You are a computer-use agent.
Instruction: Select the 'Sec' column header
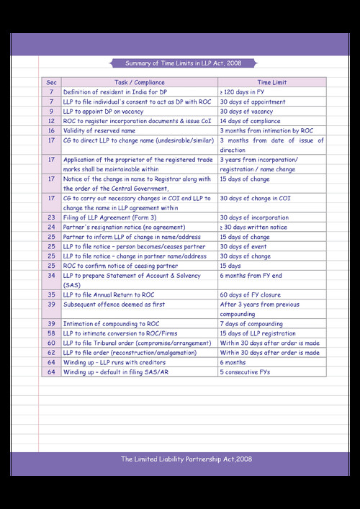click(x=51, y=83)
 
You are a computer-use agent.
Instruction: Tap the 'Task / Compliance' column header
click(x=139, y=83)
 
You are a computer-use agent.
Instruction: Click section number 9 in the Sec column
click(x=51, y=112)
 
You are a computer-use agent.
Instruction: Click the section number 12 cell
click(x=51, y=122)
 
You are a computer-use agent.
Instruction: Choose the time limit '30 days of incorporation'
click(x=253, y=217)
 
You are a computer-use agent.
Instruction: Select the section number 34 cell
click(x=51, y=275)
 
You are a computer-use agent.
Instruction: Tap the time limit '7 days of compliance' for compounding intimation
click(x=251, y=323)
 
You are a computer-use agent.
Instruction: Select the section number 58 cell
click(x=51, y=333)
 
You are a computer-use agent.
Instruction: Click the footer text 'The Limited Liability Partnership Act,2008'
click(x=186, y=459)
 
